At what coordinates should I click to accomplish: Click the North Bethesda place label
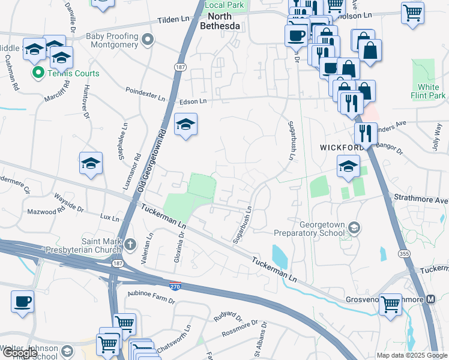tap(222, 22)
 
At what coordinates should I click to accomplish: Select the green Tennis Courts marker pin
tap(38, 73)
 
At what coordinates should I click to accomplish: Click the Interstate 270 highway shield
tap(175, 286)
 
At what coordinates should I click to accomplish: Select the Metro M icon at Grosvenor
tap(430, 299)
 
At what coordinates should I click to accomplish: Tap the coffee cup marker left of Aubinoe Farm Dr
tap(23, 302)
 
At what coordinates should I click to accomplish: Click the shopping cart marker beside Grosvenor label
tap(391, 304)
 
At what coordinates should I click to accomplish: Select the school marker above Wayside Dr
tap(91, 164)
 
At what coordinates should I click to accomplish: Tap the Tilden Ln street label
tap(173, 20)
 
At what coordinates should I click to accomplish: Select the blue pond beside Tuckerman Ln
tap(279, 256)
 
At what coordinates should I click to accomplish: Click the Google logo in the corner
tap(20, 353)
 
